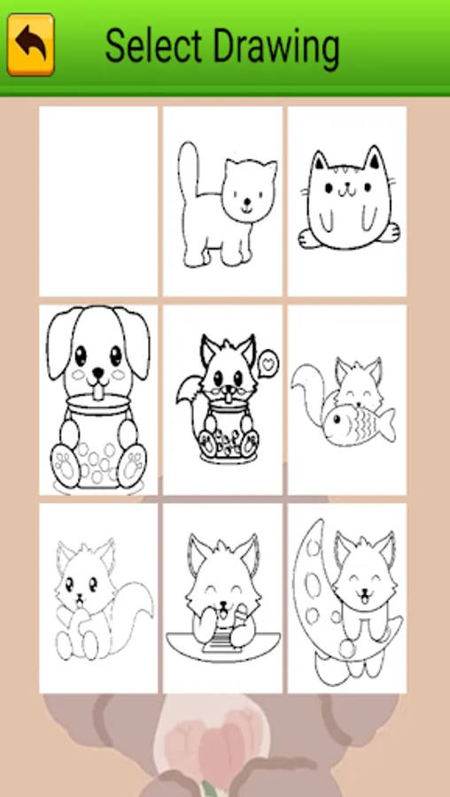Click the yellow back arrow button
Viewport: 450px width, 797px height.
click(x=30, y=45)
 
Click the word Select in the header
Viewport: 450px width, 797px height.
click(x=152, y=46)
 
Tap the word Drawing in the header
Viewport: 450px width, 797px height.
click(x=276, y=50)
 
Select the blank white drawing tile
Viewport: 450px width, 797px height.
click(x=98, y=201)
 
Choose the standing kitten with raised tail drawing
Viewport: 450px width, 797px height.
click(x=222, y=201)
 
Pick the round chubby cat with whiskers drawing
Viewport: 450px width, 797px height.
click(x=346, y=201)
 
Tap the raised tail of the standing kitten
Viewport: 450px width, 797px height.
click(x=188, y=170)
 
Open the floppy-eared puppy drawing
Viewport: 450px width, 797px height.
click(x=98, y=399)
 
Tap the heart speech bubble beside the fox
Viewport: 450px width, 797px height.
click(x=268, y=363)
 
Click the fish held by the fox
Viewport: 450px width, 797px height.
click(x=359, y=420)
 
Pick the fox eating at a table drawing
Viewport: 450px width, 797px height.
click(x=222, y=599)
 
